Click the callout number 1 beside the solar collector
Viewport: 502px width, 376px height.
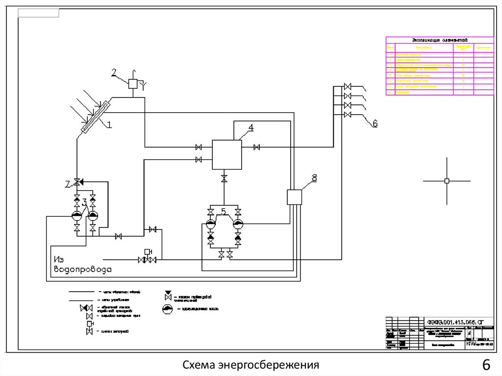(x=109, y=125)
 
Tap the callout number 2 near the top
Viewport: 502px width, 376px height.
(x=114, y=74)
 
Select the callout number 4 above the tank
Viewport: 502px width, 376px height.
(x=251, y=128)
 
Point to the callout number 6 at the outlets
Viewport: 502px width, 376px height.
(x=375, y=124)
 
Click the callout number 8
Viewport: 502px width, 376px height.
(x=315, y=177)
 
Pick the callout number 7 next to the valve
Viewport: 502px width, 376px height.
(x=68, y=183)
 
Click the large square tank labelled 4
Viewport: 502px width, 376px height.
(x=226, y=154)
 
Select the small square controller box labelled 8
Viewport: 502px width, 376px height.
(x=294, y=197)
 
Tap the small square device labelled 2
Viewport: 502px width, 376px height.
(x=133, y=83)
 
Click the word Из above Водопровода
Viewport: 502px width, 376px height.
(x=59, y=259)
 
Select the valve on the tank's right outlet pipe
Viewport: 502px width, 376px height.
(x=256, y=147)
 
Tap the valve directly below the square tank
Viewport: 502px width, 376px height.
(x=224, y=178)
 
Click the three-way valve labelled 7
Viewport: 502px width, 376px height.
(x=77, y=182)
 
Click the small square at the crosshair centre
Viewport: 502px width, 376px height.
(x=447, y=181)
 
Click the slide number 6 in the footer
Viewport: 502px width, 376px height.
(x=486, y=366)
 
